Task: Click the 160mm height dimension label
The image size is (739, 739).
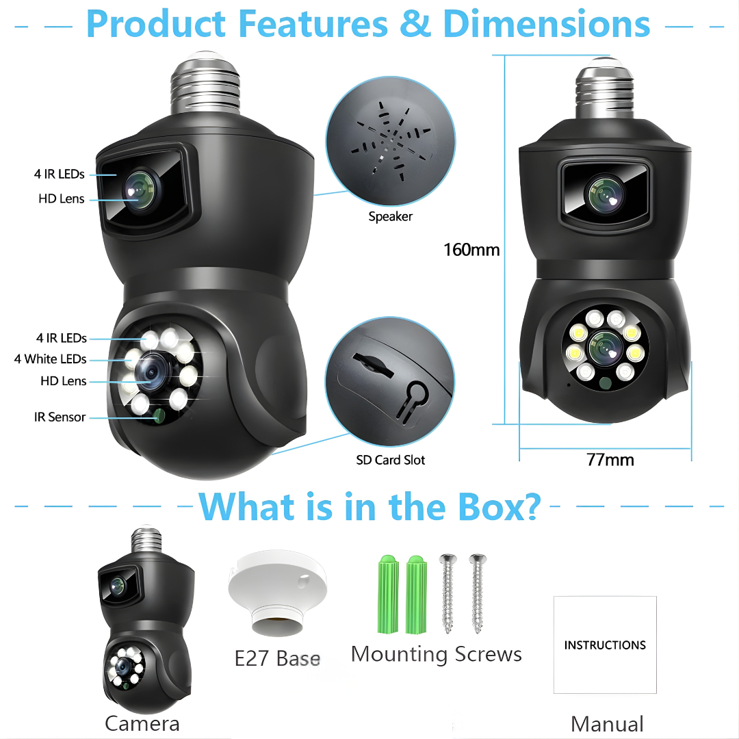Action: (x=471, y=250)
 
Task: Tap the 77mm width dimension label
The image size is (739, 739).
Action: (x=610, y=459)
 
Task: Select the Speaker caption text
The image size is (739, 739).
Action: (x=390, y=217)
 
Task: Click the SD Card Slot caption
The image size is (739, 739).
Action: (x=390, y=461)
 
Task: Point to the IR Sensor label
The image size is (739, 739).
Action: (x=60, y=417)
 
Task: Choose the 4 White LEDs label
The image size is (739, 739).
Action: (x=51, y=359)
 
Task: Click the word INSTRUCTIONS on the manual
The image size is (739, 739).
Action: (x=605, y=645)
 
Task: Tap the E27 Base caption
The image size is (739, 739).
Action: (x=277, y=658)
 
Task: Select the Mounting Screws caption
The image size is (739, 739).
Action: (x=436, y=654)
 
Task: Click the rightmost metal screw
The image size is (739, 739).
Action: (x=477, y=593)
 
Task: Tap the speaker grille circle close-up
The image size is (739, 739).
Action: (x=389, y=143)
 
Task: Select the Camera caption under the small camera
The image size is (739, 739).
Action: (x=142, y=723)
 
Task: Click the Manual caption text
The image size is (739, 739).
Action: (x=607, y=723)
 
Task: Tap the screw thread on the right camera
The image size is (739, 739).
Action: (x=605, y=90)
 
